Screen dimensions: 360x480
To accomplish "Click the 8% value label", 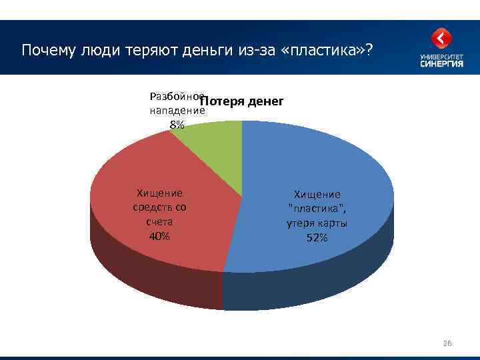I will pos(177,125).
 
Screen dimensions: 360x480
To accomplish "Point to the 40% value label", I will pos(159,237).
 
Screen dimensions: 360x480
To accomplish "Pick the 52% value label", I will pos(317,238).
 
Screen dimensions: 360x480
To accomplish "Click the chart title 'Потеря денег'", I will pos(242,102).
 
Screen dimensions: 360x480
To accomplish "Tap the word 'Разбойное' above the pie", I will pos(177,96).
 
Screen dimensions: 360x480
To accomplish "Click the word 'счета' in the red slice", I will pos(159,222).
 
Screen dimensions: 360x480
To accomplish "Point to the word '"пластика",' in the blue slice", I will pos(317,209).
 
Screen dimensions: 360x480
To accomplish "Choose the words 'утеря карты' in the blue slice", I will pos(317,223).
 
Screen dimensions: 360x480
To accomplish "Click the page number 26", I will pos(447,343).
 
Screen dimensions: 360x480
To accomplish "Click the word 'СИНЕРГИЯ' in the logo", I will pos(442,63).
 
